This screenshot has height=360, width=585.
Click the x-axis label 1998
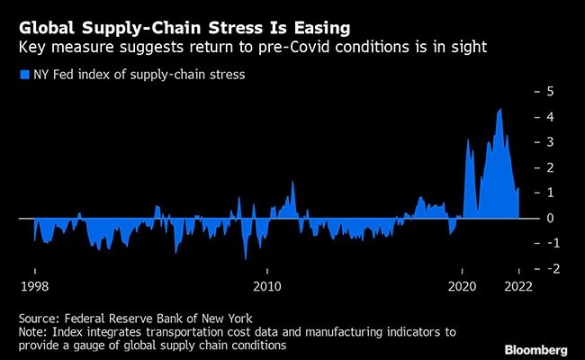(x=34, y=287)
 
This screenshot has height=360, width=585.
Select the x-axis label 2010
(x=266, y=287)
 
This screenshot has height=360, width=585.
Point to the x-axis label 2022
(x=518, y=287)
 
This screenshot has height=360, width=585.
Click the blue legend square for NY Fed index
(x=23, y=75)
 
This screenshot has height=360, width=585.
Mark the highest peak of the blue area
(x=500, y=110)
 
